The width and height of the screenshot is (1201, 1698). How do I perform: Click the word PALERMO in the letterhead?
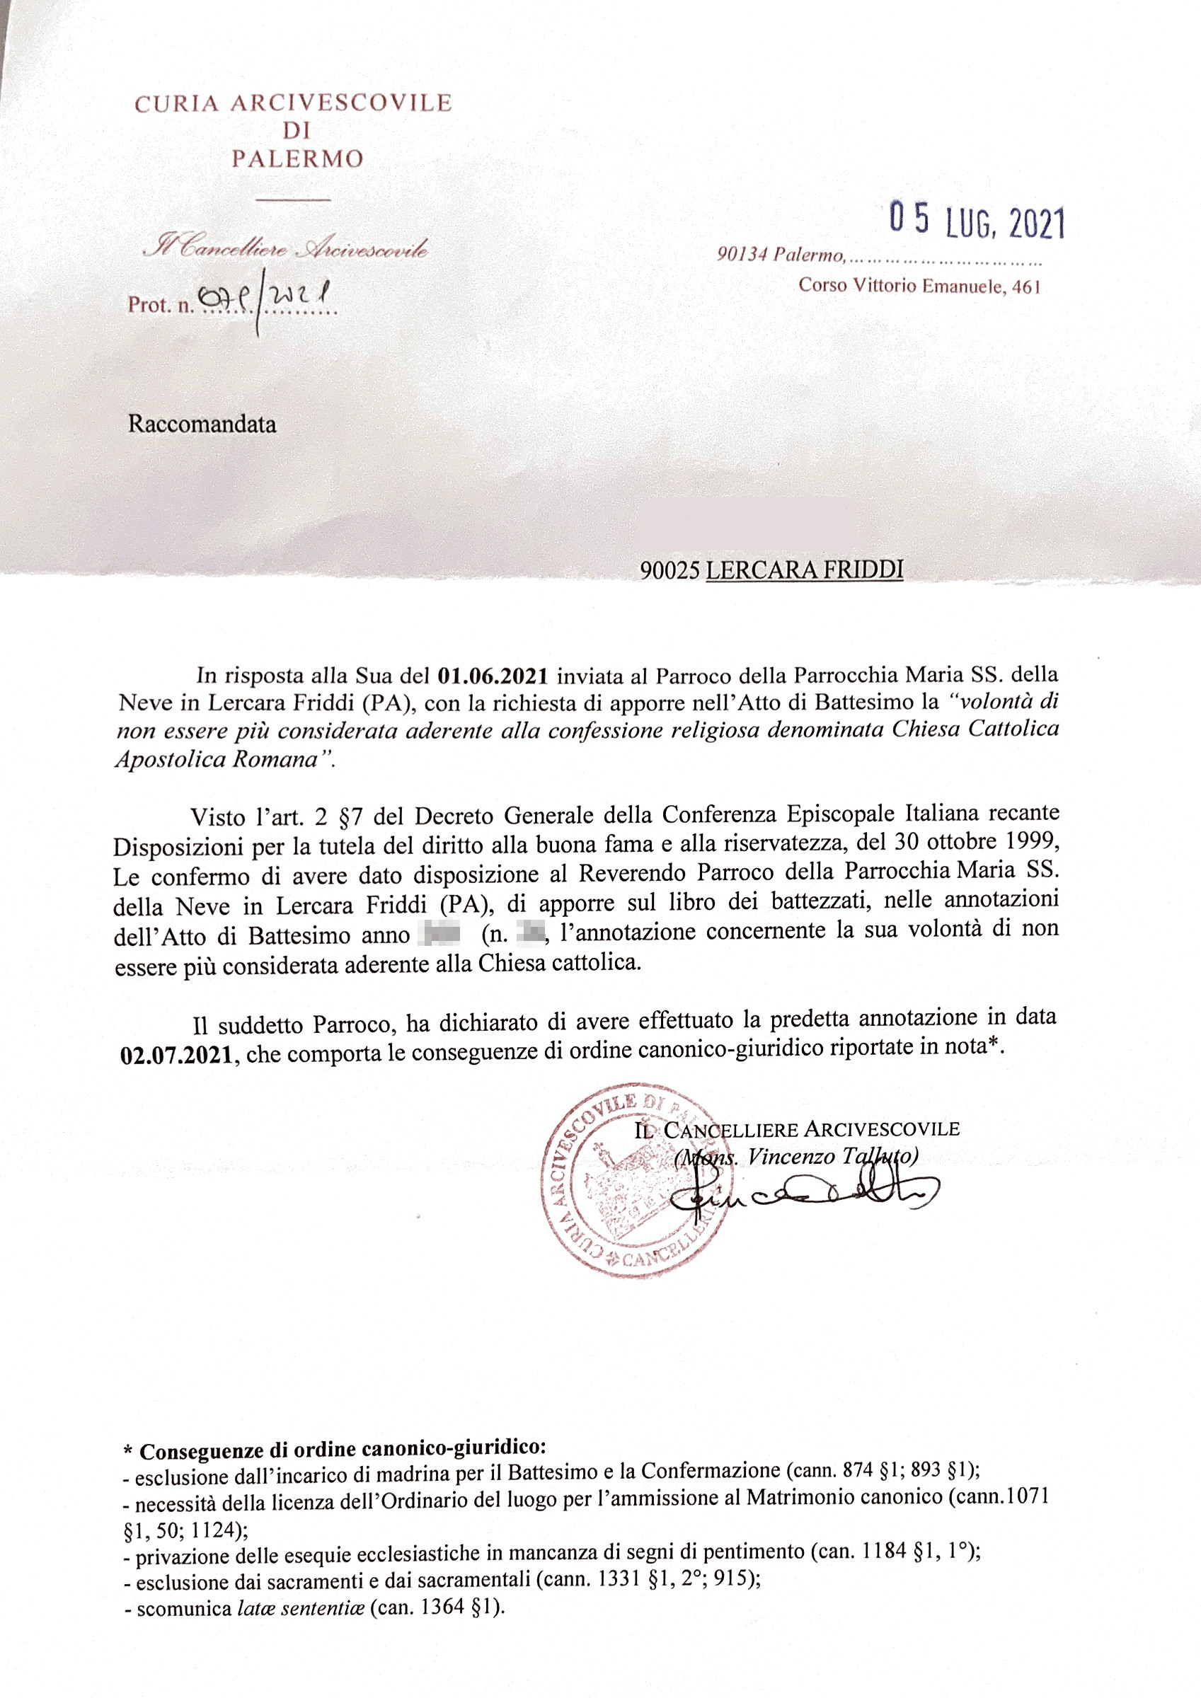coord(297,159)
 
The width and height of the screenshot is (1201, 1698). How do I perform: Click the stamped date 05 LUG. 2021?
coord(977,220)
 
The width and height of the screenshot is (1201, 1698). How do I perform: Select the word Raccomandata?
coord(202,424)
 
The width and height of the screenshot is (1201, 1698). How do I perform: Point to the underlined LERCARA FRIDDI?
coord(805,570)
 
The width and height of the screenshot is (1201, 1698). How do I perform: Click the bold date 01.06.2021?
coord(493,675)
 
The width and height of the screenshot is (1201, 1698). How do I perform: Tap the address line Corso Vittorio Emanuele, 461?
coord(919,287)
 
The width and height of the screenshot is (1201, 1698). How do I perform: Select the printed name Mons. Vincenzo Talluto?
coord(796,1157)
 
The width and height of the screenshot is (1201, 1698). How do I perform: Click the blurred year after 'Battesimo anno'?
coord(439,934)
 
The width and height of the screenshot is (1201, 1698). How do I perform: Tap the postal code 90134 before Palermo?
coord(742,256)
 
